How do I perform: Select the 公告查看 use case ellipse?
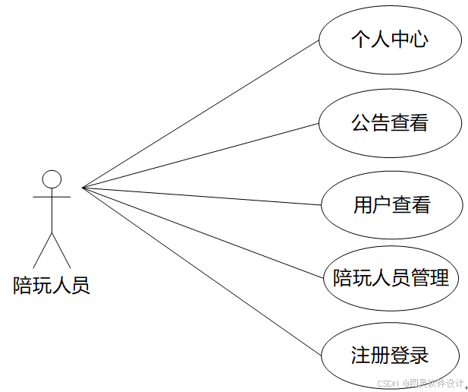[x=390, y=123]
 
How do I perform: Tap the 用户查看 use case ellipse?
[x=391, y=204]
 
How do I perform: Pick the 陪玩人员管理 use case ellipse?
[x=391, y=278]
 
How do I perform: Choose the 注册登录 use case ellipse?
[x=390, y=355]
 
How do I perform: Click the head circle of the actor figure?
[x=52, y=179]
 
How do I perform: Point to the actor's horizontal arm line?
[x=52, y=196]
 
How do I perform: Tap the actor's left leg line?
[x=42, y=250]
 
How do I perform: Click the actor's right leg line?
[x=61, y=250]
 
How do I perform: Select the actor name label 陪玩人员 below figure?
[x=52, y=286]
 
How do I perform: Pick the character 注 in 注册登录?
[x=361, y=355]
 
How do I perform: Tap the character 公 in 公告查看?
[x=361, y=123]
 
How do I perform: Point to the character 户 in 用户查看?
[x=382, y=204]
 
